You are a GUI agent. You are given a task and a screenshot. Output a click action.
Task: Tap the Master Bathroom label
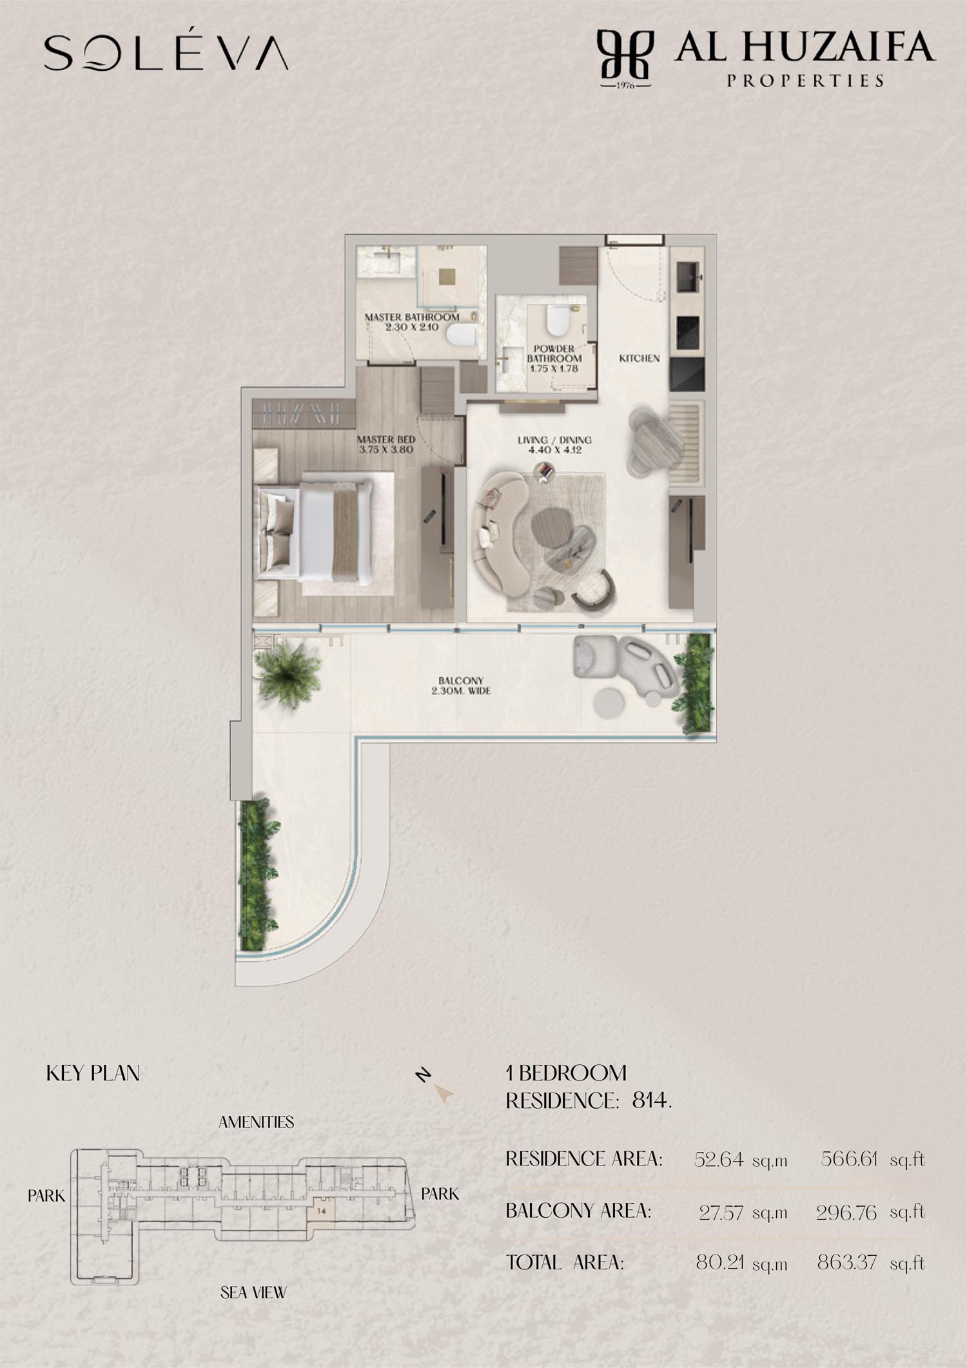(x=412, y=317)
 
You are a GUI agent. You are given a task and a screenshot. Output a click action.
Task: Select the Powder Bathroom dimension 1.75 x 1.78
(x=554, y=369)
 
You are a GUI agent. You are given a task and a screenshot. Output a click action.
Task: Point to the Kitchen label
(x=640, y=358)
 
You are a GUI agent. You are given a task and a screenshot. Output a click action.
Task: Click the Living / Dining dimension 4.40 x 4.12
(x=554, y=450)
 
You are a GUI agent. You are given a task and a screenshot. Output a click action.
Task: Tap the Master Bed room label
(x=386, y=439)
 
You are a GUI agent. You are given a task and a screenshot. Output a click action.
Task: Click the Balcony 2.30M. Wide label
(x=461, y=686)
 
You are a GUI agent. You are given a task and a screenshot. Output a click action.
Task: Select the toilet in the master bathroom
(x=462, y=335)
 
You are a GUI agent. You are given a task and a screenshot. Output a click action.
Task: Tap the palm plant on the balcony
(x=288, y=674)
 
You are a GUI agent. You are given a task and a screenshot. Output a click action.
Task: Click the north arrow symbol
(x=443, y=1093)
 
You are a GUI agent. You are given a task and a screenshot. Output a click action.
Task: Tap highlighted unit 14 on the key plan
(x=322, y=1211)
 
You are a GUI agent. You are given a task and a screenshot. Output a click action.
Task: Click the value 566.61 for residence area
(x=849, y=1159)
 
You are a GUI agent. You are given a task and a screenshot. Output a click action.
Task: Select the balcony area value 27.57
(x=721, y=1213)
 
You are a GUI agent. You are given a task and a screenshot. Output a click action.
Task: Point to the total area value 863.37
(x=847, y=1262)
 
